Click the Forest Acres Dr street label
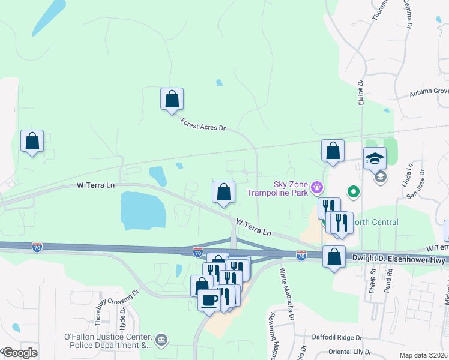pyautogui.click(x=203, y=125)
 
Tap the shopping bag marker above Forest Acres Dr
pyautogui.click(x=172, y=99)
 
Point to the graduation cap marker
pyautogui.click(x=375, y=158)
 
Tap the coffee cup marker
pyautogui.click(x=209, y=299)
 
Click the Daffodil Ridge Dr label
pyautogui.click(x=334, y=338)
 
